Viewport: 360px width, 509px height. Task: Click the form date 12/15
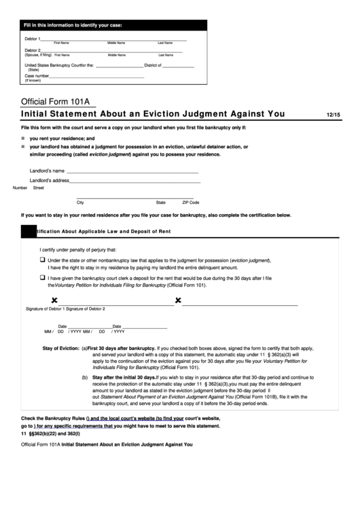click(333, 115)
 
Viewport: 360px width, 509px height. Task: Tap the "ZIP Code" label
click(190, 202)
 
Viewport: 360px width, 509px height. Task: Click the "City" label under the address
click(80, 202)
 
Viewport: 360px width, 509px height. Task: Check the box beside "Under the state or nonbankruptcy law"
click(42, 260)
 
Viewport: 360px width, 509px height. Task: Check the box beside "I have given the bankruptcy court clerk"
click(42, 278)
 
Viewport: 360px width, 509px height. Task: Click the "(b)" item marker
click(85, 376)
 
